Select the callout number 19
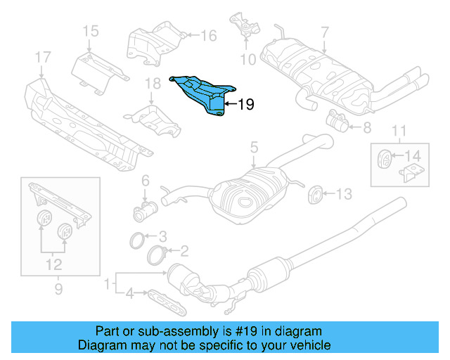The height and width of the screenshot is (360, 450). click(245, 105)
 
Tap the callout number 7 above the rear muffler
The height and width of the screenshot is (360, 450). click(324, 32)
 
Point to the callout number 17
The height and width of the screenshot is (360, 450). click(42, 56)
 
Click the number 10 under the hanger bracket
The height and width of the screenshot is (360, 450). click(245, 60)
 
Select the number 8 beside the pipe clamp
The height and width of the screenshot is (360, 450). click(366, 128)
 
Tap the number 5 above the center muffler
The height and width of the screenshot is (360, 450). click(255, 148)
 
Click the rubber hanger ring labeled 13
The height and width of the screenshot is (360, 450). click(315, 193)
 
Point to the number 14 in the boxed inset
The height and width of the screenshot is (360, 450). click(414, 156)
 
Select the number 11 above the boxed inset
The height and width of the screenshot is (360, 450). click(399, 130)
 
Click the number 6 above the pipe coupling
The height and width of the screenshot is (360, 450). click(146, 181)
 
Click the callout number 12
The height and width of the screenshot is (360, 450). click(53, 265)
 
